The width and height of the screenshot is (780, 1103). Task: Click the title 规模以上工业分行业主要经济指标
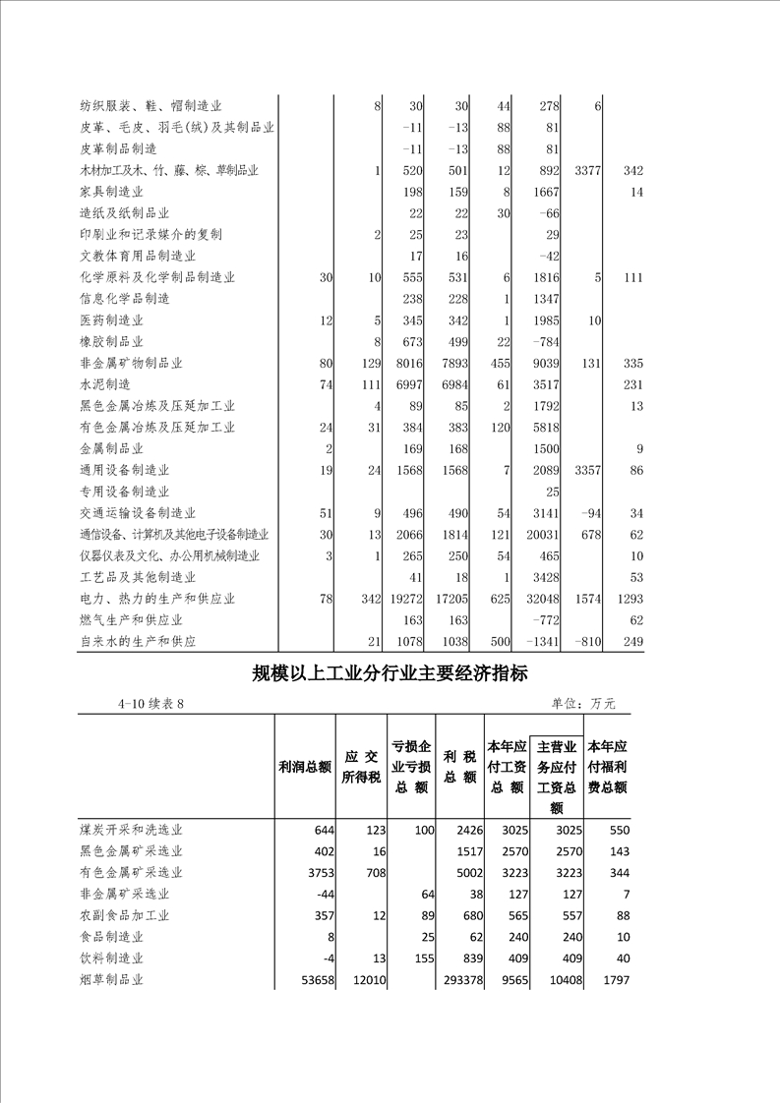390,673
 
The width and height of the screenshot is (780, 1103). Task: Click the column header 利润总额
305,767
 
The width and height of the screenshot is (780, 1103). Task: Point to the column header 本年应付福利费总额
607,766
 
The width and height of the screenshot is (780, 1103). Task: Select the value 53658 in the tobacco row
314,980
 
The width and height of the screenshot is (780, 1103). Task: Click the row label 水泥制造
104,384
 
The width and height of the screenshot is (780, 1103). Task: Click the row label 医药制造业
111,320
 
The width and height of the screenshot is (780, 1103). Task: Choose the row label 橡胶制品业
111,342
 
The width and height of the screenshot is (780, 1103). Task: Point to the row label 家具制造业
111,192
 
